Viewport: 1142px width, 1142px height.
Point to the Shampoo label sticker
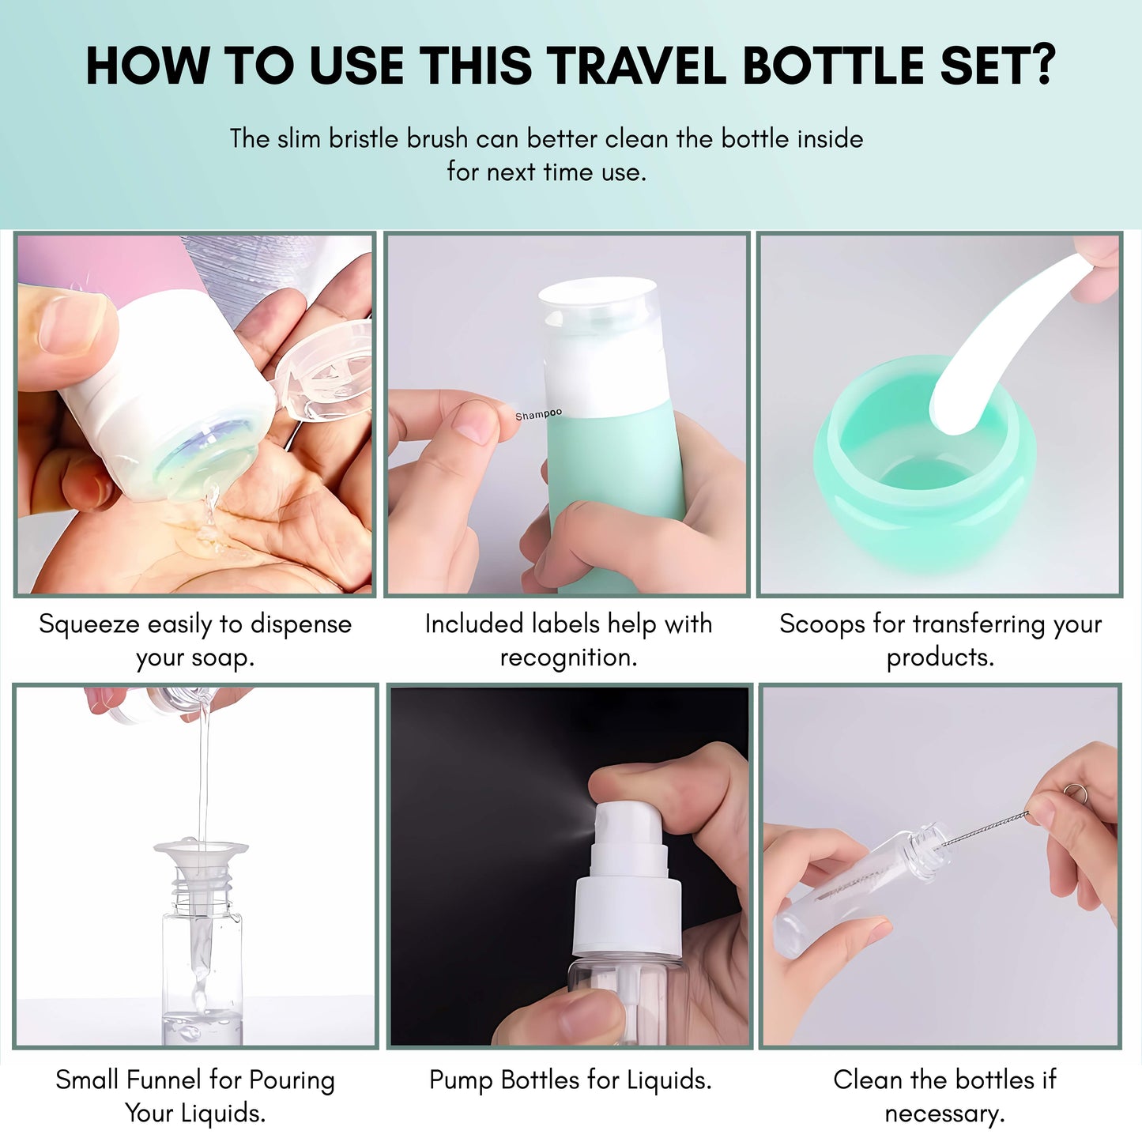[x=538, y=414]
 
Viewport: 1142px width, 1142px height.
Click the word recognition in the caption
[x=567, y=658]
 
